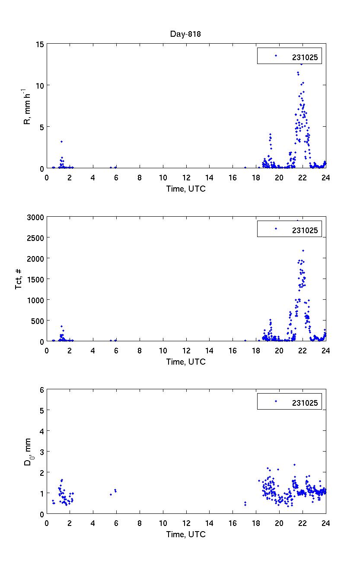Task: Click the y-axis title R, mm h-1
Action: [x=27, y=109]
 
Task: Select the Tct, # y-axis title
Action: [x=19, y=279]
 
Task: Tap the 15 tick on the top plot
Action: [x=39, y=44]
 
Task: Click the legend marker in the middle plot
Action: [x=276, y=229]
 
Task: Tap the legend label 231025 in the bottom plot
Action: [x=305, y=403]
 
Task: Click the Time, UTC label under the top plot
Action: [x=186, y=189]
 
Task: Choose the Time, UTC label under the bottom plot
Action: [x=186, y=534]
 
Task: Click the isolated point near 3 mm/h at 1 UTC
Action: [x=61, y=141]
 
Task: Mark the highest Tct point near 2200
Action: [x=303, y=250]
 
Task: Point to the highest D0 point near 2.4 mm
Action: [x=294, y=465]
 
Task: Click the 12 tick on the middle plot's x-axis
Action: [x=186, y=350]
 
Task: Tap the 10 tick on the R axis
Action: [x=39, y=85]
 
